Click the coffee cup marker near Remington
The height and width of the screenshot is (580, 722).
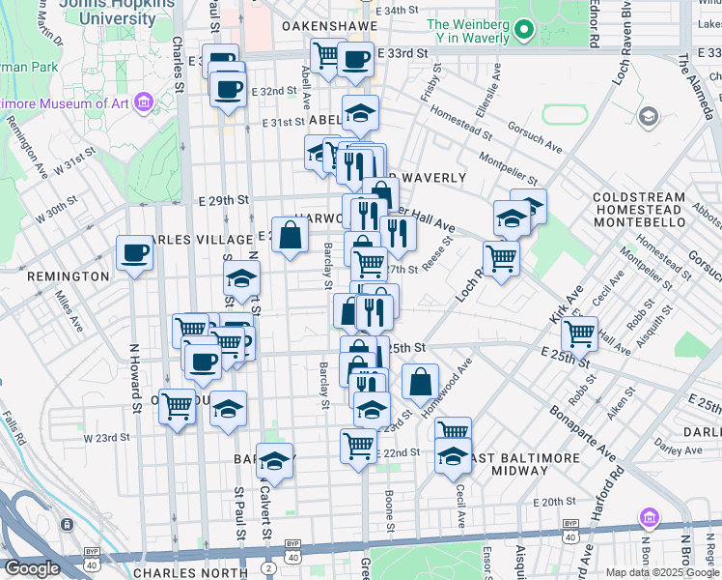coord(134,253)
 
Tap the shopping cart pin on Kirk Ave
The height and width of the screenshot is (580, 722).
coord(578,333)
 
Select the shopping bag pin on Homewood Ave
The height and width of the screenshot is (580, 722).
coord(420,382)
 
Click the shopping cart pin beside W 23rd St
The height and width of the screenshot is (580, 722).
coord(178,407)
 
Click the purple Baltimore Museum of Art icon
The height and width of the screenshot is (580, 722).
coord(144,101)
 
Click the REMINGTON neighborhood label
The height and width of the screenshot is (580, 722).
coord(68,276)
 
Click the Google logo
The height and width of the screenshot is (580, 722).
coord(33,568)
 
